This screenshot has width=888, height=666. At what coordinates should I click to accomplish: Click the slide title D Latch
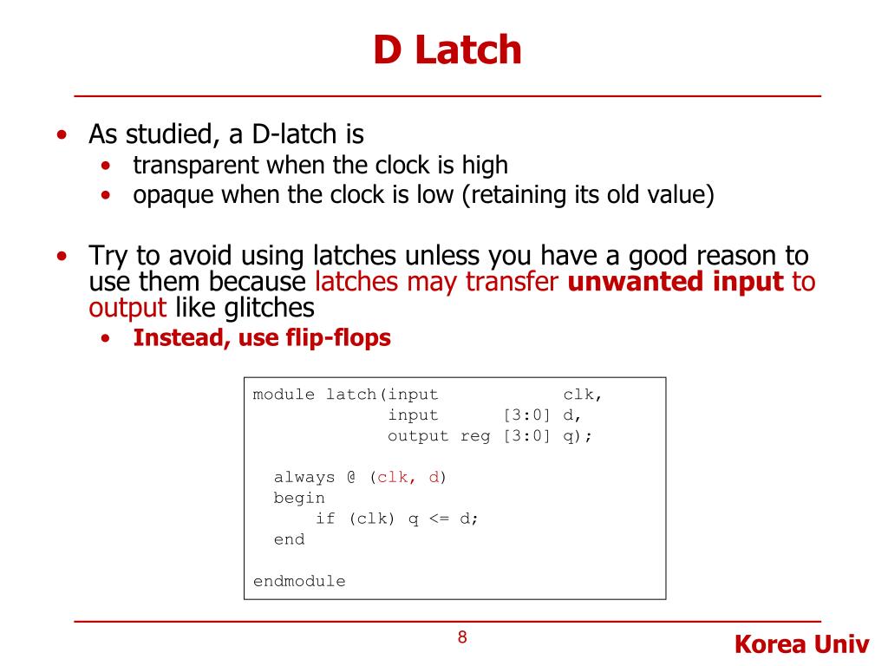click(x=447, y=49)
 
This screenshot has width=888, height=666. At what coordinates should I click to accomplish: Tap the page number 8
click(x=462, y=638)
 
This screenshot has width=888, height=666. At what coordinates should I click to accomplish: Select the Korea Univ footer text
click(x=801, y=644)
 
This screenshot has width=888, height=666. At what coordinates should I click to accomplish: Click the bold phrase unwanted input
click(x=676, y=282)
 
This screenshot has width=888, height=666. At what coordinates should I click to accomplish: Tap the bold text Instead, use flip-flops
click(x=262, y=337)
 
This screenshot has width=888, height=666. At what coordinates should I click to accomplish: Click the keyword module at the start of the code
click(x=284, y=395)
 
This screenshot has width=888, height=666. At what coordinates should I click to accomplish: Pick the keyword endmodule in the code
click(x=299, y=581)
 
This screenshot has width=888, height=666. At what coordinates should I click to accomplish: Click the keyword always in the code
click(x=304, y=477)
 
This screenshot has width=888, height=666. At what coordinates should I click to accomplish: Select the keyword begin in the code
click(x=299, y=498)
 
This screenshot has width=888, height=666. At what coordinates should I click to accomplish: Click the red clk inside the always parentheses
click(x=392, y=477)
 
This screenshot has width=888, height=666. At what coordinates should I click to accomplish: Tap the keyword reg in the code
click(x=475, y=436)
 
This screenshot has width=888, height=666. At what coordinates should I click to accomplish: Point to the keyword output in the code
click(x=418, y=436)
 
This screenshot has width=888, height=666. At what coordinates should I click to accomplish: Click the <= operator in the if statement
click(x=439, y=519)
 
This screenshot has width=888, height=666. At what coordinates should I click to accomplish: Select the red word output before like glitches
click(x=127, y=307)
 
